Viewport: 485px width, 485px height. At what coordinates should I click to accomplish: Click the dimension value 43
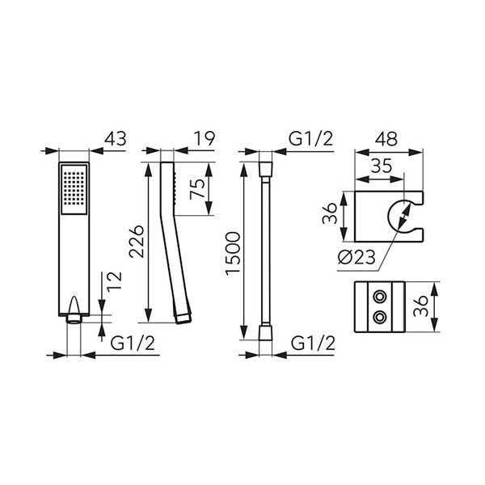tap(115, 138)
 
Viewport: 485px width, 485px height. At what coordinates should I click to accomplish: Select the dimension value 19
tap(205, 138)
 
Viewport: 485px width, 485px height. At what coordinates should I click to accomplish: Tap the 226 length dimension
tap(137, 242)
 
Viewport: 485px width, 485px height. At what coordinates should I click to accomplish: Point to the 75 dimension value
tap(198, 189)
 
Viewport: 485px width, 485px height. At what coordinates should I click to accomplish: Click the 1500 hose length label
tap(233, 254)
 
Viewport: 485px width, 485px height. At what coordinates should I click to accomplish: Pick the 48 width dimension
tap(386, 139)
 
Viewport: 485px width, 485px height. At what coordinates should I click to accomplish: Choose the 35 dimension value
tap(382, 166)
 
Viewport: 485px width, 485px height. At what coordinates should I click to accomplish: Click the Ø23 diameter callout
tap(356, 257)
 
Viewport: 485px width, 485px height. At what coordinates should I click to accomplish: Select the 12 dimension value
tap(115, 282)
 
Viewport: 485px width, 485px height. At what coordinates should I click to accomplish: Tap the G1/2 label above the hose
tap(311, 139)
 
